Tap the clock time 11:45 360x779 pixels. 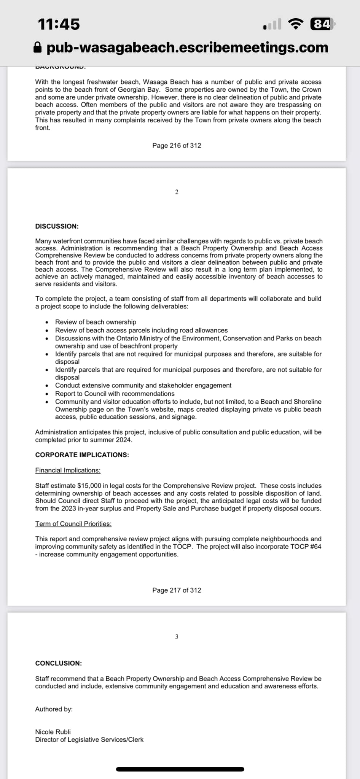[x=59, y=24]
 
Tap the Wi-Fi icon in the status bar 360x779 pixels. [x=296, y=24]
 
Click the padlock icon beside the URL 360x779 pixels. [x=37, y=48]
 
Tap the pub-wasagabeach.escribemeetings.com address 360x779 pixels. [x=187, y=48]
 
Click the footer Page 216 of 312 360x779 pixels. [x=177, y=145]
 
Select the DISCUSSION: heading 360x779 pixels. [x=57, y=226]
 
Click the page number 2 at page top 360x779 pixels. [x=177, y=192]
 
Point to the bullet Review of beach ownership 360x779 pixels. [x=96, y=322]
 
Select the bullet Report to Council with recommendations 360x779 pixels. [x=115, y=394]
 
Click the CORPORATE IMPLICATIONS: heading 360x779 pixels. [x=82, y=455]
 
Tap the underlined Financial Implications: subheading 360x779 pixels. [x=68, y=471]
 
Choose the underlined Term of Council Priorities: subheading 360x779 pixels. [x=73, y=524]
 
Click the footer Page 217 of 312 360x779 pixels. [x=177, y=590]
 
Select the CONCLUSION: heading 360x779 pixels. [x=59, y=663]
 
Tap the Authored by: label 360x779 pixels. [x=54, y=709]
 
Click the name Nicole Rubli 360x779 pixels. [x=53, y=732]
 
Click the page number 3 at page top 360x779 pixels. [x=177, y=637]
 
